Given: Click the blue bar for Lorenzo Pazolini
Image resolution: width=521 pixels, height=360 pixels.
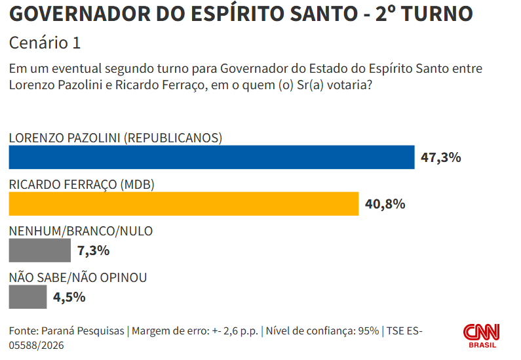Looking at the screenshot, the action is (x=212, y=157).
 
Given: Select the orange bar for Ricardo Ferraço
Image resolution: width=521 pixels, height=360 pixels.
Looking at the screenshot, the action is (x=183, y=204).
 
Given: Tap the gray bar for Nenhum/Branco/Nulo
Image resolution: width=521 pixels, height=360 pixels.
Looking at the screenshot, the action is (x=40, y=250).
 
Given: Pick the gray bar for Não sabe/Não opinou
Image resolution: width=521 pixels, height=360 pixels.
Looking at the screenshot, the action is (x=28, y=297).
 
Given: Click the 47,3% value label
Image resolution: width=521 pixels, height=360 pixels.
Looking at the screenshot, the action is (x=441, y=157).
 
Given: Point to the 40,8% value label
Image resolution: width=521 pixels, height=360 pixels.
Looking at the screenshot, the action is (x=385, y=204).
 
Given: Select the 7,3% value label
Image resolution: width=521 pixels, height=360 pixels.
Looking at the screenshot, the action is (x=93, y=250).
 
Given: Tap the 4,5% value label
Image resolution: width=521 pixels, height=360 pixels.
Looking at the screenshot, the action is (x=69, y=297).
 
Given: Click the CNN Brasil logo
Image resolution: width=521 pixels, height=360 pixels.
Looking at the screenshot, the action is (x=482, y=336).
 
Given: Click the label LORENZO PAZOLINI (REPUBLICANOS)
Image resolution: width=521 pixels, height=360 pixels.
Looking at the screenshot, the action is (x=115, y=138).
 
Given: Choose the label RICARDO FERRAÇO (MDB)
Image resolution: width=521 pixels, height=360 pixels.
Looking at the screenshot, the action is (x=82, y=184).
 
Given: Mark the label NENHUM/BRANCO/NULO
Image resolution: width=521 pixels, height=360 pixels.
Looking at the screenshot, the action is (x=81, y=231).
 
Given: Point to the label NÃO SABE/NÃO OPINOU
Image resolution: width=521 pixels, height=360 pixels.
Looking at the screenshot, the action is (x=78, y=277).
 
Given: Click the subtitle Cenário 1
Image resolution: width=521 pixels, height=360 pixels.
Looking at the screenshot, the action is (x=45, y=43).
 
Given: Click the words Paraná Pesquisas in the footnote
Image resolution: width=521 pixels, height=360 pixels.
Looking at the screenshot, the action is (x=83, y=331).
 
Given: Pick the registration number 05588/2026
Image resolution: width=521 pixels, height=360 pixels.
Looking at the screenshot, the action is (x=36, y=346).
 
